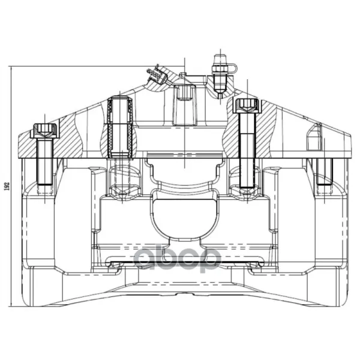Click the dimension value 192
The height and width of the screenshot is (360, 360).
(7, 187)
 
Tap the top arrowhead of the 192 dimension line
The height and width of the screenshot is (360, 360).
(11, 67)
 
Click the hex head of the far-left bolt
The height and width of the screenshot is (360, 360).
(45, 130)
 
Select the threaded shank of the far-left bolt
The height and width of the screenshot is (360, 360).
(45, 162)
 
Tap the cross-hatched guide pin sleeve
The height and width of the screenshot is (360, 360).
(120, 127)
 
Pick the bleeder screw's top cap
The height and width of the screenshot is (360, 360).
(220, 59)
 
